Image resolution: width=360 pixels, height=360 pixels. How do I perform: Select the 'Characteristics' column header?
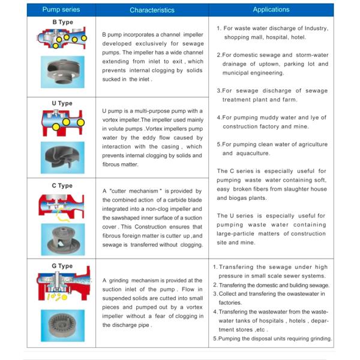pyautogui.click(x=152, y=10)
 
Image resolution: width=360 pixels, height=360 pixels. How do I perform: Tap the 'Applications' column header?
pyautogui.click(x=271, y=10)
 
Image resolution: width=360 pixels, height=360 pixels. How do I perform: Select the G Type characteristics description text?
pyautogui.click(x=152, y=302)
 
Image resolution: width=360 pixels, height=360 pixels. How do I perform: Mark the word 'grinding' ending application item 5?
pyautogui.click(x=317, y=339)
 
